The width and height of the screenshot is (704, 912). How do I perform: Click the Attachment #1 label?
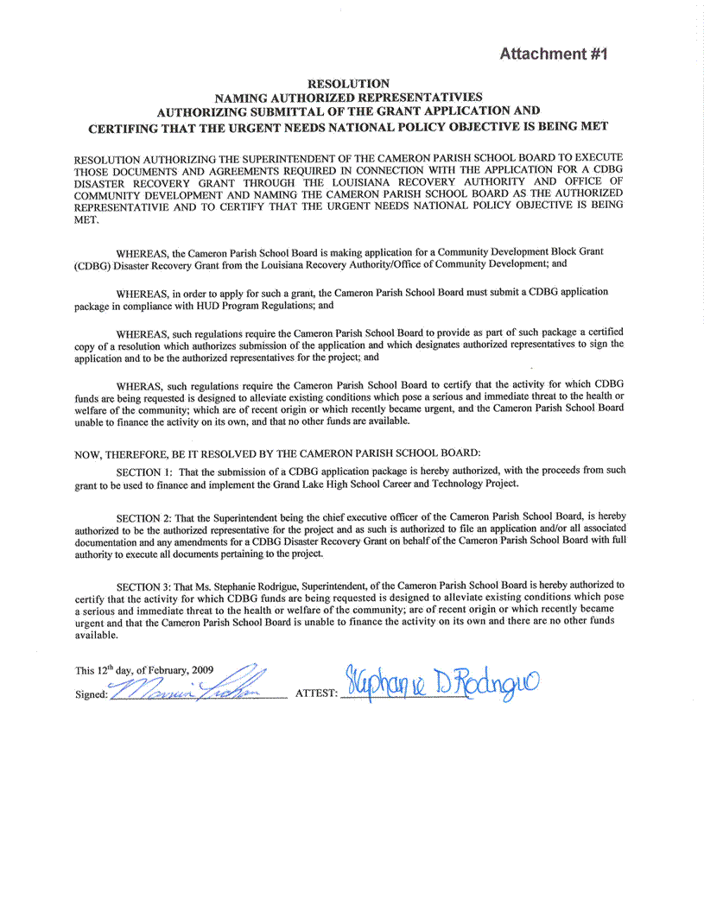pyautogui.click(x=555, y=54)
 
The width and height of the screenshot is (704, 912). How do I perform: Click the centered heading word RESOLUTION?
pyautogui.click(x=348, y=84)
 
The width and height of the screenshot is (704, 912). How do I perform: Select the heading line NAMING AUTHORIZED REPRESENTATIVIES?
pyautogui.click(x=348, y=98)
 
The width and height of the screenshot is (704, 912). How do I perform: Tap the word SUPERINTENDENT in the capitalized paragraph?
pyautogui.click(x=294, y=160)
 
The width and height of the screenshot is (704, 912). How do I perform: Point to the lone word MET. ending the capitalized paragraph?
pyautogui.click(x=86, y=220)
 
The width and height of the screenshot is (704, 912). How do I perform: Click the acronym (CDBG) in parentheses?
pyautogui.click(x=92, y=263)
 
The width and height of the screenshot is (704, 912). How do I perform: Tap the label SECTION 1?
pyautogui.click(x=145, y=471)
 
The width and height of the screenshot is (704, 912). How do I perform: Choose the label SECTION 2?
pyautogui.click(x=145, y=516)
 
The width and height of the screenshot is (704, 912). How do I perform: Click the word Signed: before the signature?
pyautogui.click(x=91, y=694)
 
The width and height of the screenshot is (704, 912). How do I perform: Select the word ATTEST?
pyautogui.click(x=316, y=693)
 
